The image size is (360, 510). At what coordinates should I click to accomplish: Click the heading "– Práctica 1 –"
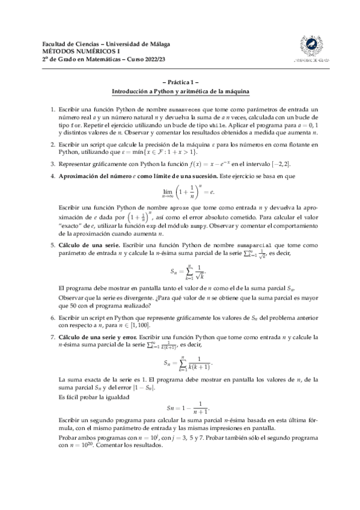point(180,82)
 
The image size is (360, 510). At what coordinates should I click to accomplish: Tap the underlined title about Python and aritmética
point(180,91)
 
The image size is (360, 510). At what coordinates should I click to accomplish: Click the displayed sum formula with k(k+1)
point(188,363)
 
